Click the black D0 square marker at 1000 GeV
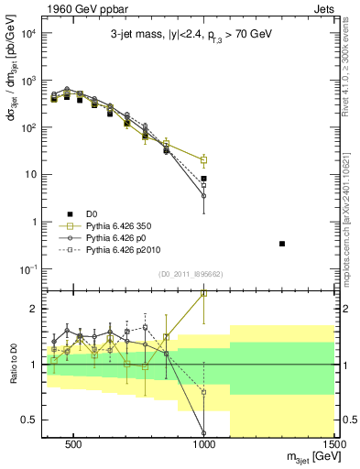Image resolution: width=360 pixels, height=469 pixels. pos(203,179)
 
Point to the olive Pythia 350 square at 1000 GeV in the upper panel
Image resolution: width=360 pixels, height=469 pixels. pos(203,160)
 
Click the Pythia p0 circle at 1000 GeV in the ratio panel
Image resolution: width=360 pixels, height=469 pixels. pos(203,433)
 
